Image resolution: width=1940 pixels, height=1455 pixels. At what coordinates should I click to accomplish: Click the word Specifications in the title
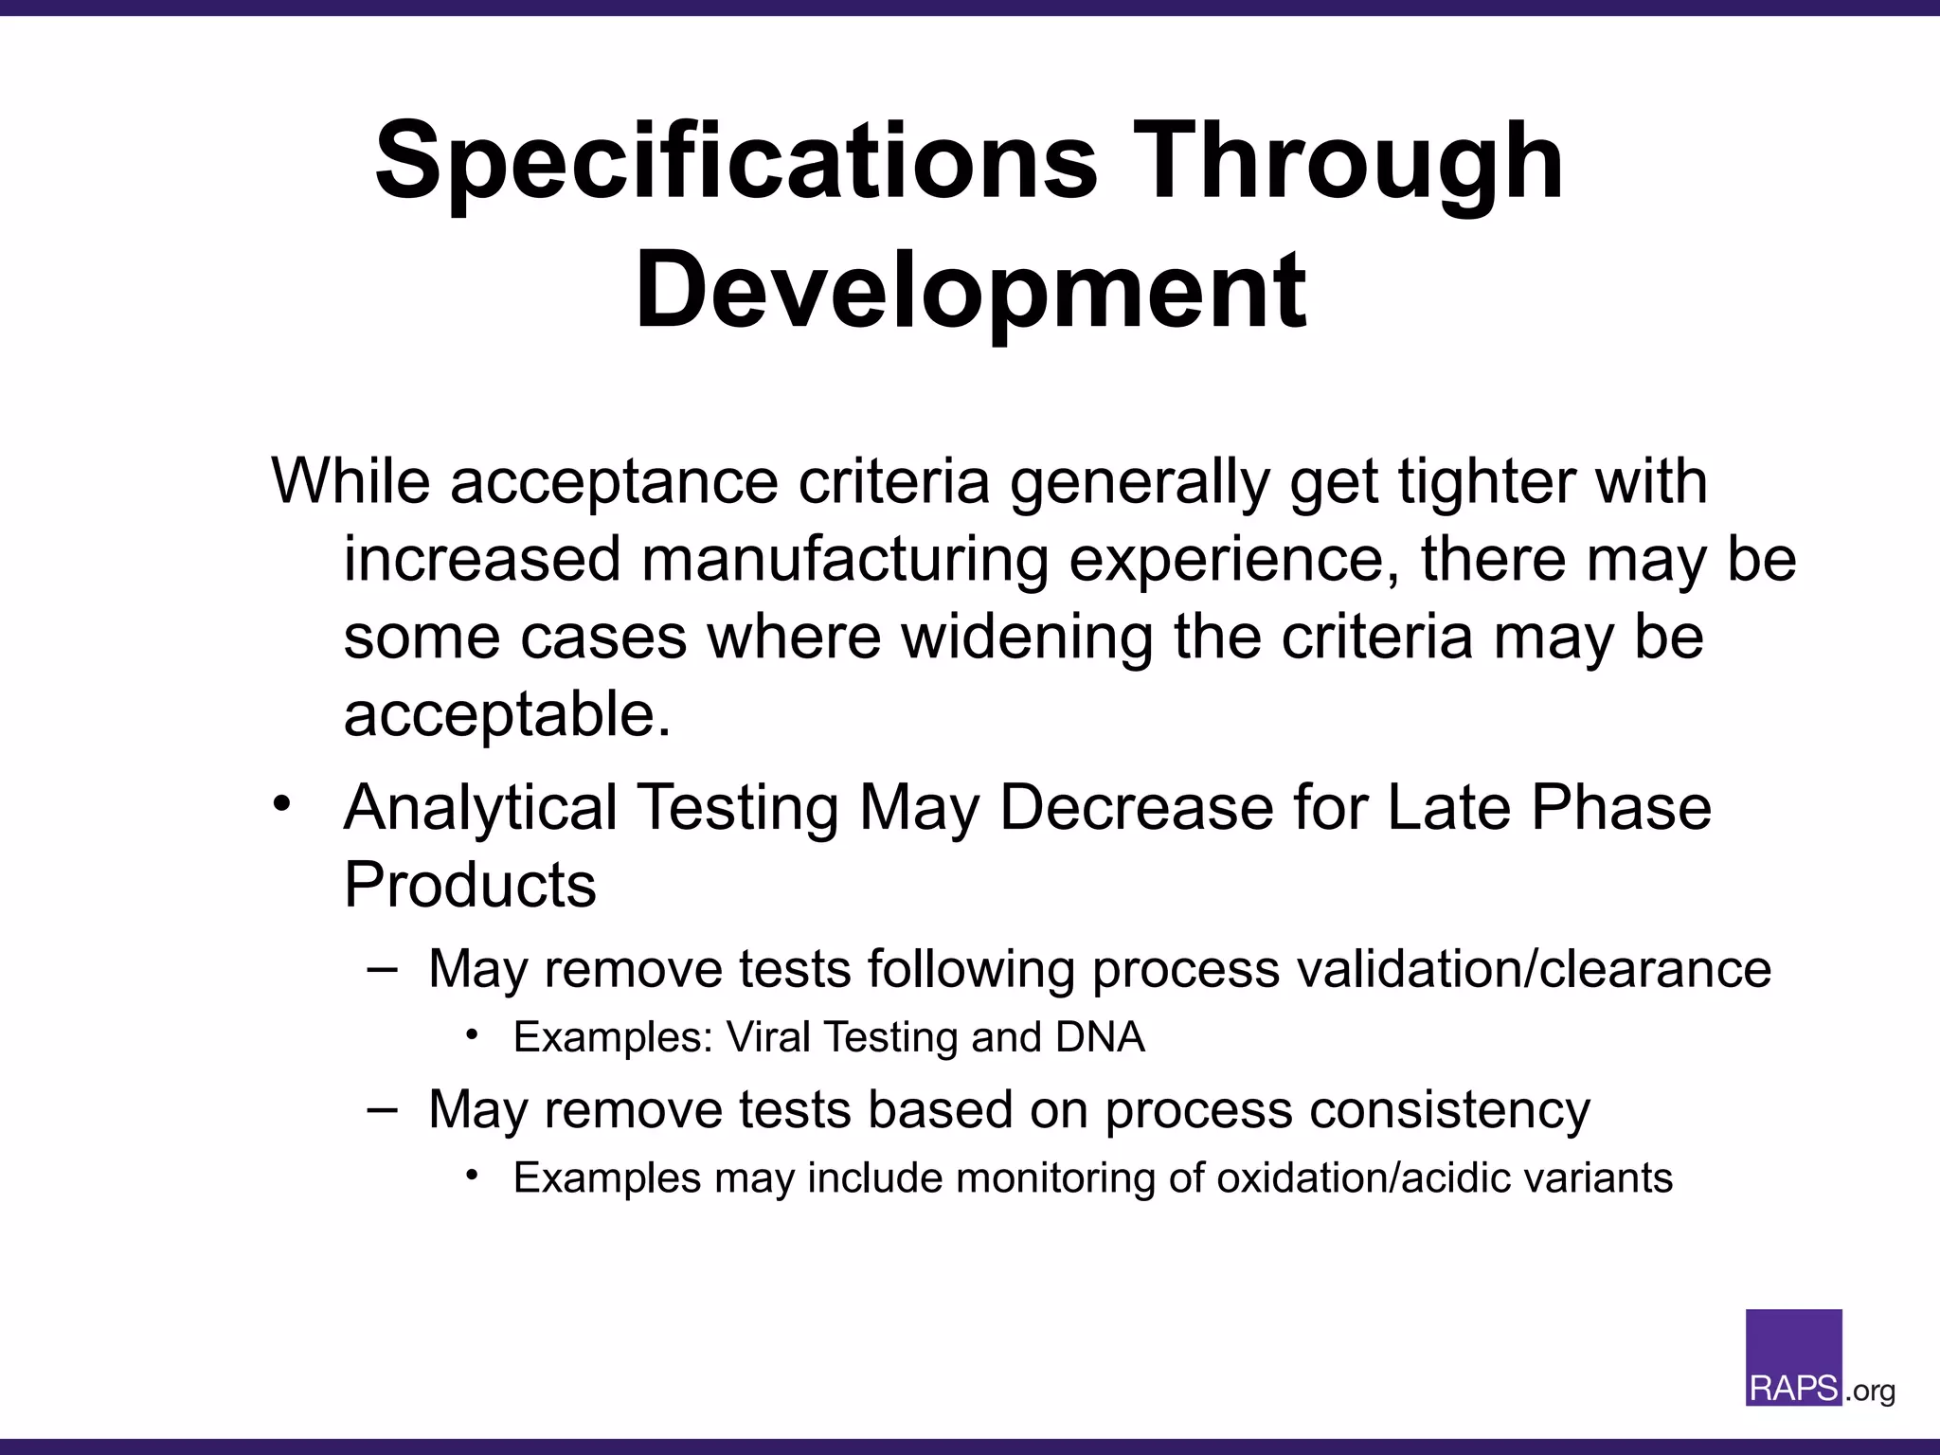pyautogui.click(x=736, y=163)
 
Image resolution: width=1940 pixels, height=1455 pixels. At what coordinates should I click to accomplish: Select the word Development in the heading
pyautogui.click(x=971, y=290)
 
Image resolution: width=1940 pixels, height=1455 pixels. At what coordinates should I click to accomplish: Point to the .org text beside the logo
pyautogui.click(x=1870, y=1391)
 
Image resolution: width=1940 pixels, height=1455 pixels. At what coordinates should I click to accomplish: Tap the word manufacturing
pyautogui.click(x=845, y=559)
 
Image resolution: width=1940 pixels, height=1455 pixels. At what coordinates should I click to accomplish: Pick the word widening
pyautogui.click(x=1026, y=637)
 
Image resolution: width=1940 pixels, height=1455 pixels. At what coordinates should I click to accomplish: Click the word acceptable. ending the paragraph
pyautogui.click(x=507, y=714)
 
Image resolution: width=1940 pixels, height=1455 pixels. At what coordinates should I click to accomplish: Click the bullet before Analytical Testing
pyautogui.click(x=280, y=805)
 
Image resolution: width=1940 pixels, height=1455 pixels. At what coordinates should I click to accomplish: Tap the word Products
pyautogui.click(x=470, y=885)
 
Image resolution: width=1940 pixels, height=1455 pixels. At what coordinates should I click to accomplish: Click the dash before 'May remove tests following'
pyautogui.click(x=382, y=969)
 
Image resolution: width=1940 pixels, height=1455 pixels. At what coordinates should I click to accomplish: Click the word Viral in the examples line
pyautogui.click(x=769, y=1037)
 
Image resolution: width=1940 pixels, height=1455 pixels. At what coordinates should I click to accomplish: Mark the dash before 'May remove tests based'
pyautogui.click(x=382, y=1109)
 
